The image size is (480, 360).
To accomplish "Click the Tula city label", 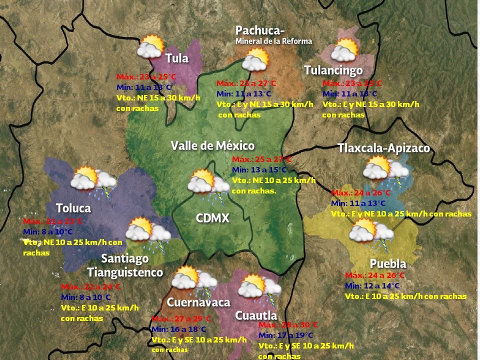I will coord(177,58).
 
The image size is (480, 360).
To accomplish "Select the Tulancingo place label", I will coord(333,70).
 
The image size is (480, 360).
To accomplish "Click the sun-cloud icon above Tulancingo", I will coord(345,50).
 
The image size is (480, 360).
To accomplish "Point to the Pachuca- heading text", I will coord(260,31).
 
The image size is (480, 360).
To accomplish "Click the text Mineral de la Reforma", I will coord(274,41).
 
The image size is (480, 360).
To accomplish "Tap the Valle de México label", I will coord(212,146).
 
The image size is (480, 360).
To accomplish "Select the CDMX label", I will coord(212,218).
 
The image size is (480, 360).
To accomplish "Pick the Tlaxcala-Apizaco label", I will coord(383,148).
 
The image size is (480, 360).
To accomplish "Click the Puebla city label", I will coord(387,263).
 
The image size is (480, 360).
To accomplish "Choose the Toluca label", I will coord(73,208).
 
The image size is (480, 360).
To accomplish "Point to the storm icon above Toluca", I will coord(93,180).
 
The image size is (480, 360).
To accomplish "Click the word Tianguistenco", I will coord(125,272).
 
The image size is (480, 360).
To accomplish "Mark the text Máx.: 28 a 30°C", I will coord(288,324).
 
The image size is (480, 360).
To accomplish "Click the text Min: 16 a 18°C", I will coord(178,329).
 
